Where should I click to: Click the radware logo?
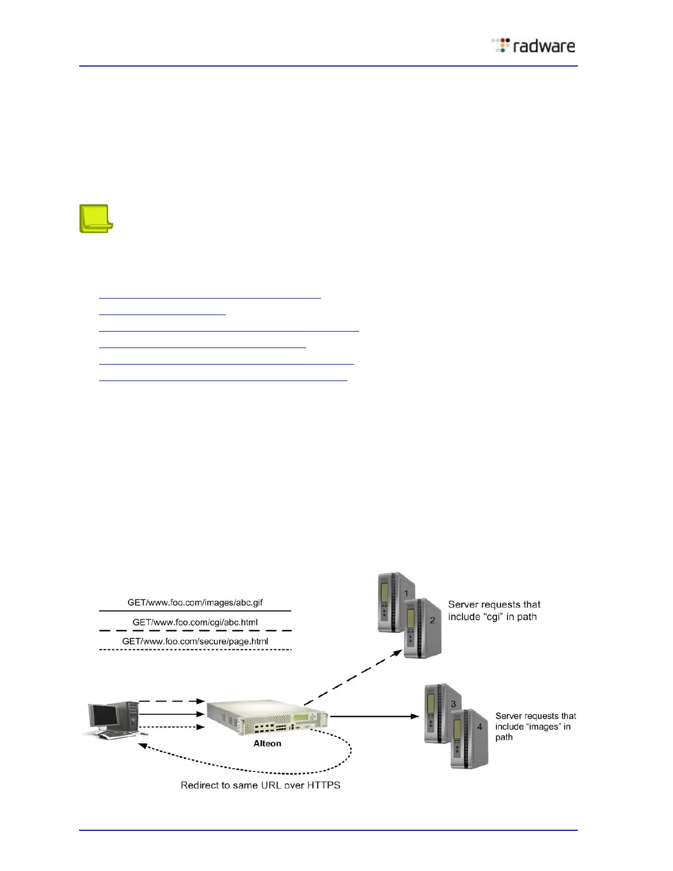click(533, 46)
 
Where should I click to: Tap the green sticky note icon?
click(96, 219)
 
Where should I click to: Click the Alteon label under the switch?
click(267, 743)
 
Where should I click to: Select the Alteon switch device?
click(267, 717)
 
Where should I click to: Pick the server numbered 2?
click(422, 629)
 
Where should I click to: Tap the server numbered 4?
click(468, 739)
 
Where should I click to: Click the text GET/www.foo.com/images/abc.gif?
click(195, 603)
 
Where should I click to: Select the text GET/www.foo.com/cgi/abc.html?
click(195, 622)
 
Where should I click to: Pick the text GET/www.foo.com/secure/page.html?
click(195, 641)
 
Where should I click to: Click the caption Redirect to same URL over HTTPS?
click(261, 785)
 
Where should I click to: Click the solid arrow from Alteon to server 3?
click(374, 716)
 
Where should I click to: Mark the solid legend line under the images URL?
click(195, 611)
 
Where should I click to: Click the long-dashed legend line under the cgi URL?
click(195, 631)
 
